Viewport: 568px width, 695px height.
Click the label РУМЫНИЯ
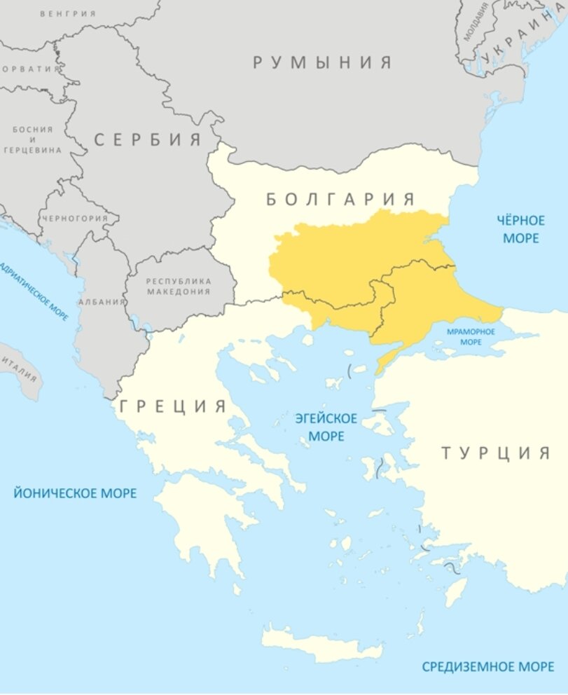tap(322, 62)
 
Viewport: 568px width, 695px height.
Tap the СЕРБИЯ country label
tap(148, 139)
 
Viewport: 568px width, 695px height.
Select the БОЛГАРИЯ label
tap(341, 199)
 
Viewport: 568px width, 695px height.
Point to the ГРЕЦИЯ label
tap(174, 406)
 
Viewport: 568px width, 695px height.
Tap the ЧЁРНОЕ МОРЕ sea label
tap(520, 229)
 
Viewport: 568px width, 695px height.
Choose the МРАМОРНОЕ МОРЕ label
tap(471, 336)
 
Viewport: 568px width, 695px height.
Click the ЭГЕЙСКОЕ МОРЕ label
tap(326, 427)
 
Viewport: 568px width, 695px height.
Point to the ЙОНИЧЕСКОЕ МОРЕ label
tap(75, 493)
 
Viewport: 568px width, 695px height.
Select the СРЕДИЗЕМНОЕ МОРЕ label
tap(487, 666)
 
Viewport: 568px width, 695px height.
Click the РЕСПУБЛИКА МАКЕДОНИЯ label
tap(178, 285)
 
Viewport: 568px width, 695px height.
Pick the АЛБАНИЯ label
tap(102, 301)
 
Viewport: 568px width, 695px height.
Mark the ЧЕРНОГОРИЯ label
tap(75, 218)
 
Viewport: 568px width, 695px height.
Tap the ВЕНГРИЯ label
tap(68, 13)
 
